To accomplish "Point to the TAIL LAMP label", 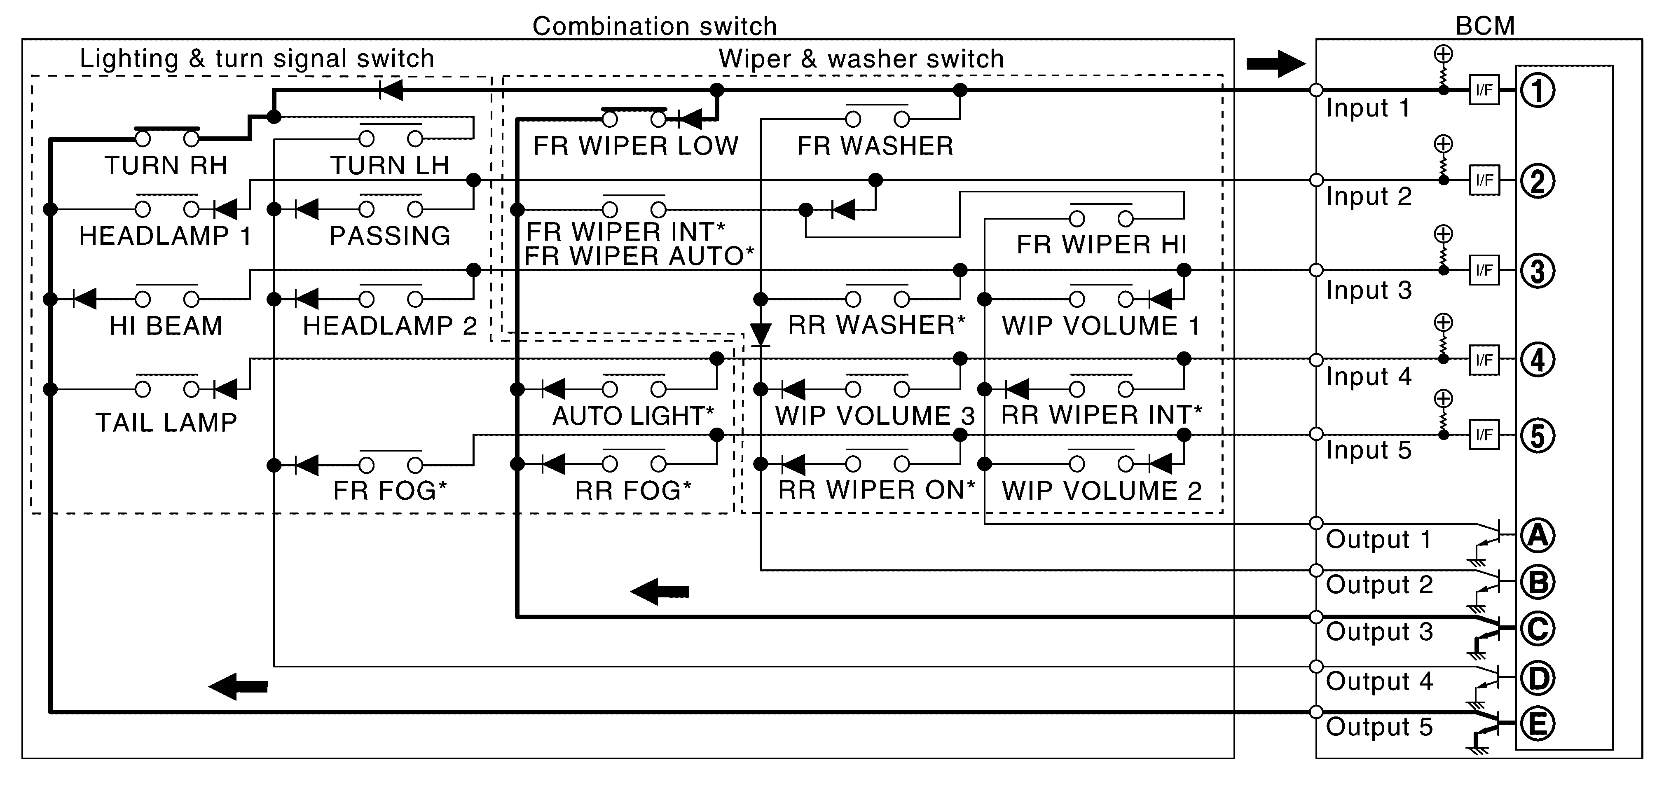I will pyautogui.click(x=166, y=423).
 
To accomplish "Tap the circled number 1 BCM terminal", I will pyautogui.click(x=1538, y=91).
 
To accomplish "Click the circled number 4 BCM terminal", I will pyautogui.click(x=1538, y=360).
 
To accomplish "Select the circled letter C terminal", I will pyautogui.click(x=1538, y=628).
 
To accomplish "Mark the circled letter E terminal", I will pyautogui.click(x=1538, y=724).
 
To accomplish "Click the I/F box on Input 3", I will pyautogui.click(x=1484, y=270).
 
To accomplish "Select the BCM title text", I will pyautogui.click(x=1484, y=26).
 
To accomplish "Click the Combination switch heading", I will pyautogui.click(x=654, y=26).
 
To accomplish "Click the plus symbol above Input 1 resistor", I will pyautogui.click(x=1443, y=54).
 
